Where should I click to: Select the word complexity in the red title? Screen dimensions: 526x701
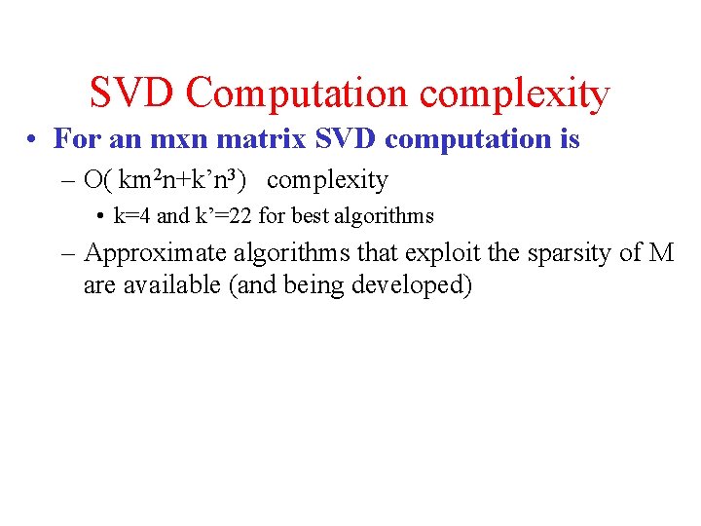click(x=515, y=94)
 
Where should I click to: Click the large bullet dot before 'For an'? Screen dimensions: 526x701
click(x=33, y=140)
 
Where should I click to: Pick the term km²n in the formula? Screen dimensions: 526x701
click(x=145, y=179)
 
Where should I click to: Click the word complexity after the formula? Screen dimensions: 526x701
click(x=327, y=180)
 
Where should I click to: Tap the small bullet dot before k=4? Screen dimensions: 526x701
click(x=100, y=216)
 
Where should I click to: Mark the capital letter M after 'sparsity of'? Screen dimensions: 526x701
click(x=661, y=253)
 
